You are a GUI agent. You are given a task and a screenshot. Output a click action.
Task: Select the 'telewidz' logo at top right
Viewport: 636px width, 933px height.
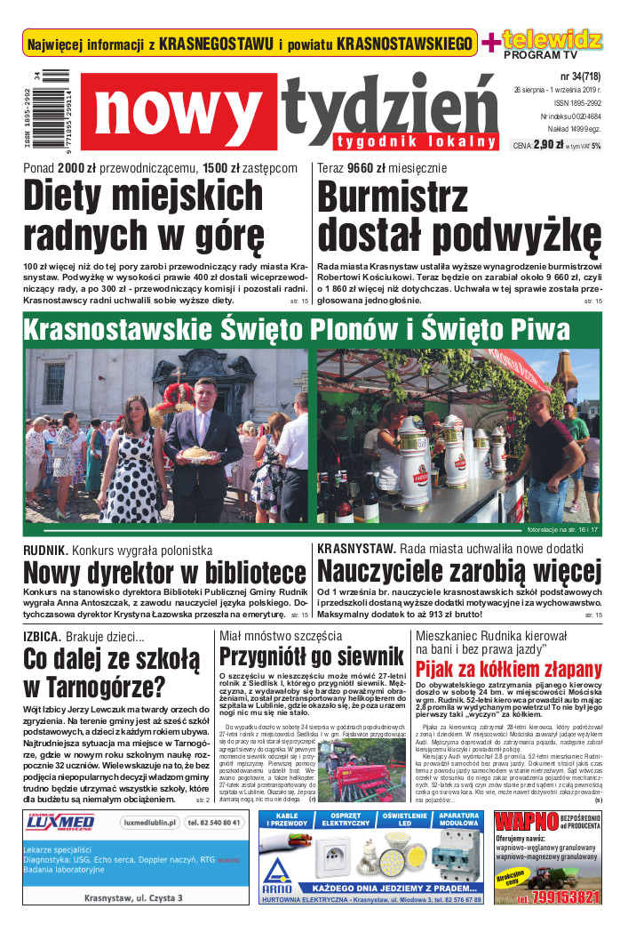tap(553, 40)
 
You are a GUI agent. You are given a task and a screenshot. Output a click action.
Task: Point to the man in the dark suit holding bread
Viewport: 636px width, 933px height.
tap(202, 445)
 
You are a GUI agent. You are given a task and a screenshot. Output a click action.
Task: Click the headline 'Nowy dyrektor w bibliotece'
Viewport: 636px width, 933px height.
tap(164, 572)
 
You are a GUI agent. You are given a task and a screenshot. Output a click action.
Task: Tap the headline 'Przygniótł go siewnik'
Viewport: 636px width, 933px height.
tap(311, 657)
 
